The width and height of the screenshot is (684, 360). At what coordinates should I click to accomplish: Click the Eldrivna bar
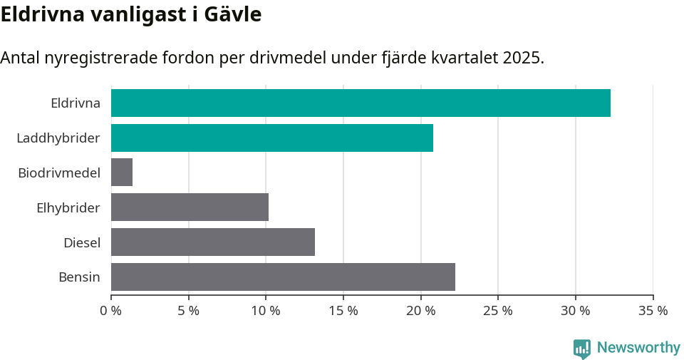[361, 103]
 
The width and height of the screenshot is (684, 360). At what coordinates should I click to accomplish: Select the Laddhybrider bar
[272, 138]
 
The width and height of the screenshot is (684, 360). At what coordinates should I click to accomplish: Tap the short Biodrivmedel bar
[122, 173]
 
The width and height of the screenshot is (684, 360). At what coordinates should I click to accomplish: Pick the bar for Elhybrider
[190, 207]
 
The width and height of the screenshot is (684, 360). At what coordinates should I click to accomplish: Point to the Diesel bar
[213, 242]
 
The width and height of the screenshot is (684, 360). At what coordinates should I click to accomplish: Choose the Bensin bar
[283, 277]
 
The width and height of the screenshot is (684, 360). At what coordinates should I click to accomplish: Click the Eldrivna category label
[76, 103]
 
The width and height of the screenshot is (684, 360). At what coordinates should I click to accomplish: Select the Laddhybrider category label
[58, 138]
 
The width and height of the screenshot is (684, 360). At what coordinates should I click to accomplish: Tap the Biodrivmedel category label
[59, 173]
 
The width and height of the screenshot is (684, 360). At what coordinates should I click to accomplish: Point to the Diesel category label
[82, 243]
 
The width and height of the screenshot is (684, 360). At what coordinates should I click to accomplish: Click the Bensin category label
[79, 277]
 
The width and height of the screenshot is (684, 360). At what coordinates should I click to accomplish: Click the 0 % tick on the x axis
[111, 311]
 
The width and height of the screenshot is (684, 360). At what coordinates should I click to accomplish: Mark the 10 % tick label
[266, 311]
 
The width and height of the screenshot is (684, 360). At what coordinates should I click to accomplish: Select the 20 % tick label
[420, 311]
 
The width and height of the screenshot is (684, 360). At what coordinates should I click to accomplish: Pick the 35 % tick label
[653, 311]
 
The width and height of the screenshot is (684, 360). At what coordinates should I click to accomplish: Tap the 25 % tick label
[498, 311]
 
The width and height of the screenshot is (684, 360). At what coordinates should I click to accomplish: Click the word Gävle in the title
[230, 14]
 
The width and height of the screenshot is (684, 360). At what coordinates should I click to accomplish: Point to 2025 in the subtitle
[522, 58]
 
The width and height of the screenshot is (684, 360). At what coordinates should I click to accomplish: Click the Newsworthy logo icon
[582, 348]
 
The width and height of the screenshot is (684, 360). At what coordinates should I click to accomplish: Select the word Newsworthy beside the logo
[638, 348]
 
